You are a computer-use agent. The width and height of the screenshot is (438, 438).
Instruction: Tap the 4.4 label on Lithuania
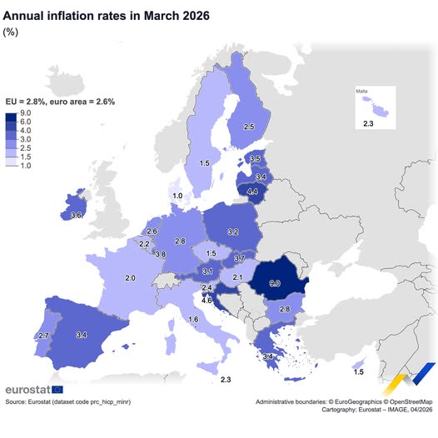point(253,192)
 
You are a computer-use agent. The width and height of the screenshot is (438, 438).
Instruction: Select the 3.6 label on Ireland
point(76,216)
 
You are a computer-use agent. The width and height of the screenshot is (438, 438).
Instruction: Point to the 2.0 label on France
point(130,277)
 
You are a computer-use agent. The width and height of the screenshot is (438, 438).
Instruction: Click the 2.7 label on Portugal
point(44,335)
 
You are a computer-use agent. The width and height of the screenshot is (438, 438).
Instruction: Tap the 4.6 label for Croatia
point(207,299)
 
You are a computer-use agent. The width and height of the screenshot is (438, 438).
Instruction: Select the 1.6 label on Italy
point(193,320)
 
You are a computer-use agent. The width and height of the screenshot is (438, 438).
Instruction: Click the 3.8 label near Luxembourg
point(160,254)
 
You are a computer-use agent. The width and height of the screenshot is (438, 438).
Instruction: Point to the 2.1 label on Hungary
point(237,277)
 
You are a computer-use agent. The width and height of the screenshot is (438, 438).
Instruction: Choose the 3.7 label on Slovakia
point(239,259)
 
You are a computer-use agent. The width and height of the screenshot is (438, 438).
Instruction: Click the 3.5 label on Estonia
point(255,159)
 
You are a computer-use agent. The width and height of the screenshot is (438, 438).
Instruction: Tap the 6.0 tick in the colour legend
point(26,122)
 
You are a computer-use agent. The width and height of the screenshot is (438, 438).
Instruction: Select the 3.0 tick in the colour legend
point(26,138)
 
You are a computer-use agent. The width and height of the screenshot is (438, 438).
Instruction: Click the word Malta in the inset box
point(362,90)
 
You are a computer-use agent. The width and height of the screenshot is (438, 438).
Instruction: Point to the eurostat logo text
point(27,389)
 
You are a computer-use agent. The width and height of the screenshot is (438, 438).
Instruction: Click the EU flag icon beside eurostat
point(57,389)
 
